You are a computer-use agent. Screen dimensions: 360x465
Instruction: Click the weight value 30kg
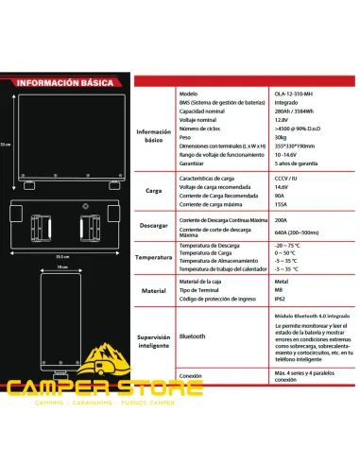pos(266,136)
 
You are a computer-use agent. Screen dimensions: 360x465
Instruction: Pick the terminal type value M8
pos(264,292)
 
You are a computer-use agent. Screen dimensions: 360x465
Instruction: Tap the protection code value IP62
pos(266,301)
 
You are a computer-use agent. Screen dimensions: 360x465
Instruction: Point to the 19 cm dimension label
pos(62,267)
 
